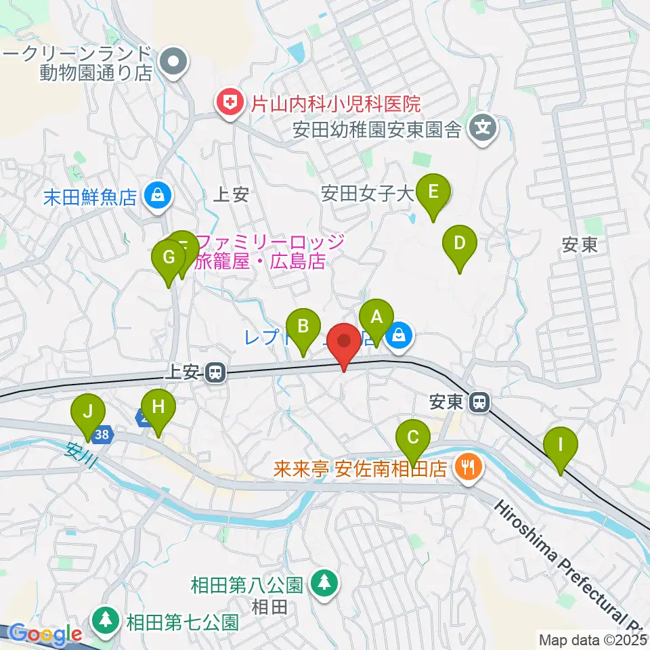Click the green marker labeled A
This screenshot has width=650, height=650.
[376, 317]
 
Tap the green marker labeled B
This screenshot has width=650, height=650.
[304, 326]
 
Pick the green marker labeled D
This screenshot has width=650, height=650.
[460, 243]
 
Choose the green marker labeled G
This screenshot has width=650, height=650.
[169, 258]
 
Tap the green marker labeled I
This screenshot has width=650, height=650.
[561, 446]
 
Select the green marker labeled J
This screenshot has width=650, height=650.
[87, 412]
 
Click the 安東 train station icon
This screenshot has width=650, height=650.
[479, 402]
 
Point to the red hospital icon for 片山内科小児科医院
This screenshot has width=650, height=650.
[230, 104]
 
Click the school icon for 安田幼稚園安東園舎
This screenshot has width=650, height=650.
[483, 127]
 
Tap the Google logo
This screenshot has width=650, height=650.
[45, 634]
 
